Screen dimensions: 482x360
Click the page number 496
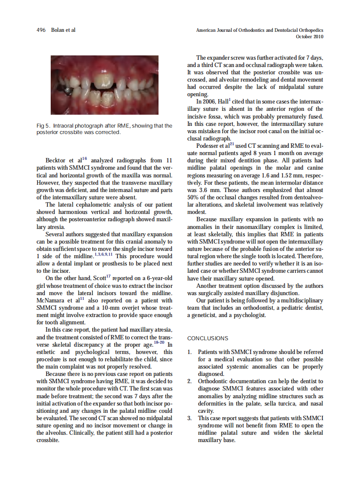41,30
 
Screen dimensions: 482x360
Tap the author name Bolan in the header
58,30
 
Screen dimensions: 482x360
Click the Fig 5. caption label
44,125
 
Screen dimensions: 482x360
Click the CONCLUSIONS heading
207,339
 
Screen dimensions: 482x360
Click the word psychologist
251,316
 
